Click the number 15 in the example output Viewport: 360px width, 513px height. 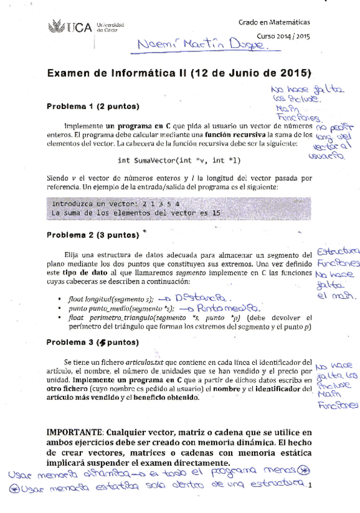pos(216,213)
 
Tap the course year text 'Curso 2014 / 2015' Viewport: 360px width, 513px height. pos(283,36)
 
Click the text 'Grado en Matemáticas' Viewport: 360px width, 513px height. pos(273,22)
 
